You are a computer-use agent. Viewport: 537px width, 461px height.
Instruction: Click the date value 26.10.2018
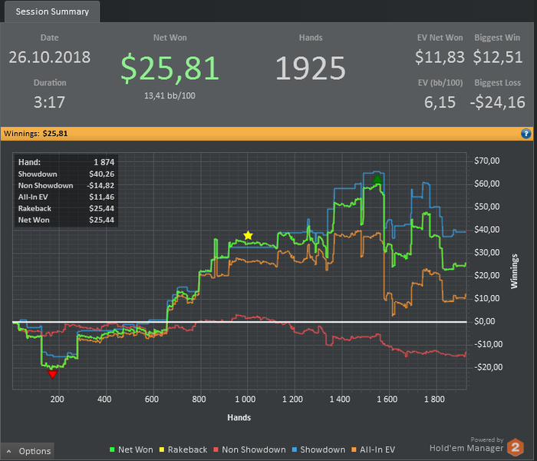[50, 57]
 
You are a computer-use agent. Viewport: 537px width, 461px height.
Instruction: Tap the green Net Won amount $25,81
[170, 68]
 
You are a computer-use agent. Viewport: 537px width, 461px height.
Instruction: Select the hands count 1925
[311, 68]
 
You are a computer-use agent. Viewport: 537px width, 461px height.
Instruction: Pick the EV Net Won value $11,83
[440, 57]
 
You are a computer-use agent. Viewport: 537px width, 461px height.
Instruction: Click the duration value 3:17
[50, 102]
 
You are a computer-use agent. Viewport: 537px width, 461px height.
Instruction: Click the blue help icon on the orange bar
[526, 134]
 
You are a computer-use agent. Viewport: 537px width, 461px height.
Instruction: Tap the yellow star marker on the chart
[248, 235]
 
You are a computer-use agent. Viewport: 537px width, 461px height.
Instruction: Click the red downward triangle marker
[52, 374]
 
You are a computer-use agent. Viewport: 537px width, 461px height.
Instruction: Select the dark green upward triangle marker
[377, 179]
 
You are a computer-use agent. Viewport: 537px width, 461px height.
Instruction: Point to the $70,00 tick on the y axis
[488, 161]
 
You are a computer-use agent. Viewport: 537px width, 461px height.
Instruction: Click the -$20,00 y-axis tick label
[487, 367]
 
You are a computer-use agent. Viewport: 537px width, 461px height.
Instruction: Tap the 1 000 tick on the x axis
[245, 400]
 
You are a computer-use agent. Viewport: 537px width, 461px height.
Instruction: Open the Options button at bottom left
[28, 451]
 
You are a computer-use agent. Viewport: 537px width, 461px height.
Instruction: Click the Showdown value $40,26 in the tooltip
[102, 174]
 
